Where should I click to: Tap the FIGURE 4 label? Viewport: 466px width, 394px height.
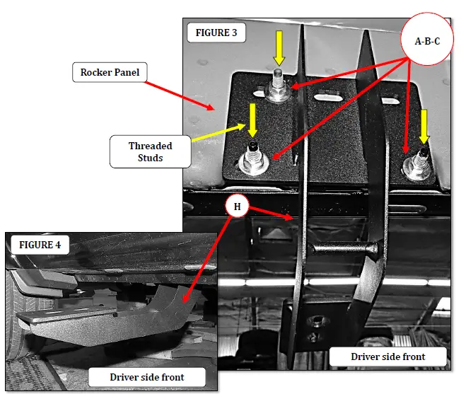pos(40,245)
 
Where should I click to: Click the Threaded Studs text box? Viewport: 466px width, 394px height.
pos(150,151)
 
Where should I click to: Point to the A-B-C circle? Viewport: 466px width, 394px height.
pos(427,41)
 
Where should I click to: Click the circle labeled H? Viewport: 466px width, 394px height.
pos(238,207)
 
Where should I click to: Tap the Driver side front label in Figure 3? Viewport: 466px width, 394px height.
pos(388,357)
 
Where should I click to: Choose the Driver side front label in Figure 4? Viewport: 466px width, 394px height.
pos(146,377)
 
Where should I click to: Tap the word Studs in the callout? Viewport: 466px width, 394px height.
pos(150,158)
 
